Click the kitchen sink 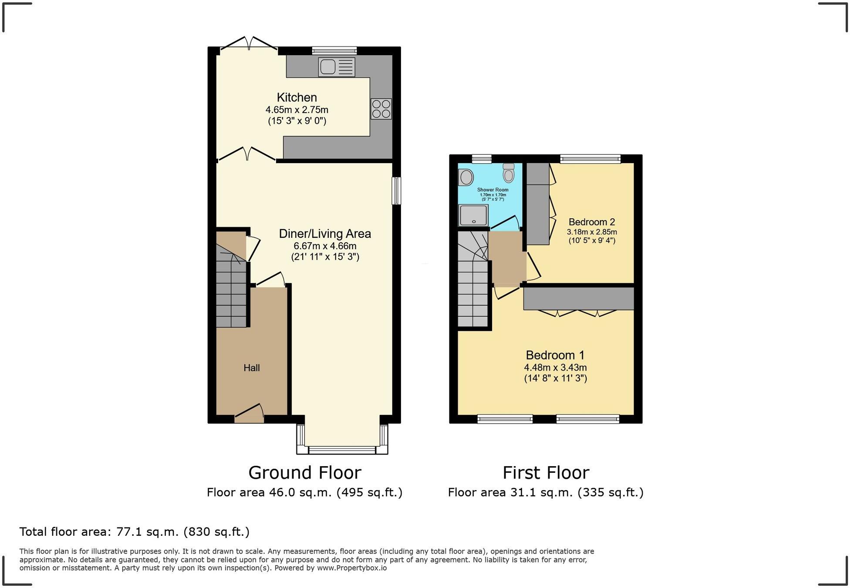pyautogui.click(x=336, y=67)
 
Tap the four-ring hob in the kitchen pyautogui.click(x=381, y=109)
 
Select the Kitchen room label pyautogui.click(x=297, y=97)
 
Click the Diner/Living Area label pyautogui.click(x=325, y=234)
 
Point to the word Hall pyautogui.click(x=252, y=368)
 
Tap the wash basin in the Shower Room pyautogui.click(x=466, y=177)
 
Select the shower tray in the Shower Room pyautogui.click(x=473, y=215)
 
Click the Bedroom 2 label pyautogui.click(x=591, y=222)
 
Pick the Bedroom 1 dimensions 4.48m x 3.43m pyautogui.click(x=555, y=368)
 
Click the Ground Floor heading pyautogui.click(x=305, y=473)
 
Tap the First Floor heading pyautogui.click(x=546, y=473)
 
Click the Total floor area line pyautogui.click(x=134, y=532)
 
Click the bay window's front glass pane pyautogui.click(x=342, y=450)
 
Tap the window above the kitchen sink pyautogui.click(x=334, y=50)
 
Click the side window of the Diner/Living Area pyautogui.click(x=396, y=190)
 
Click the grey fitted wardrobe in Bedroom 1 pyautogui.click(x=578, y=298)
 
